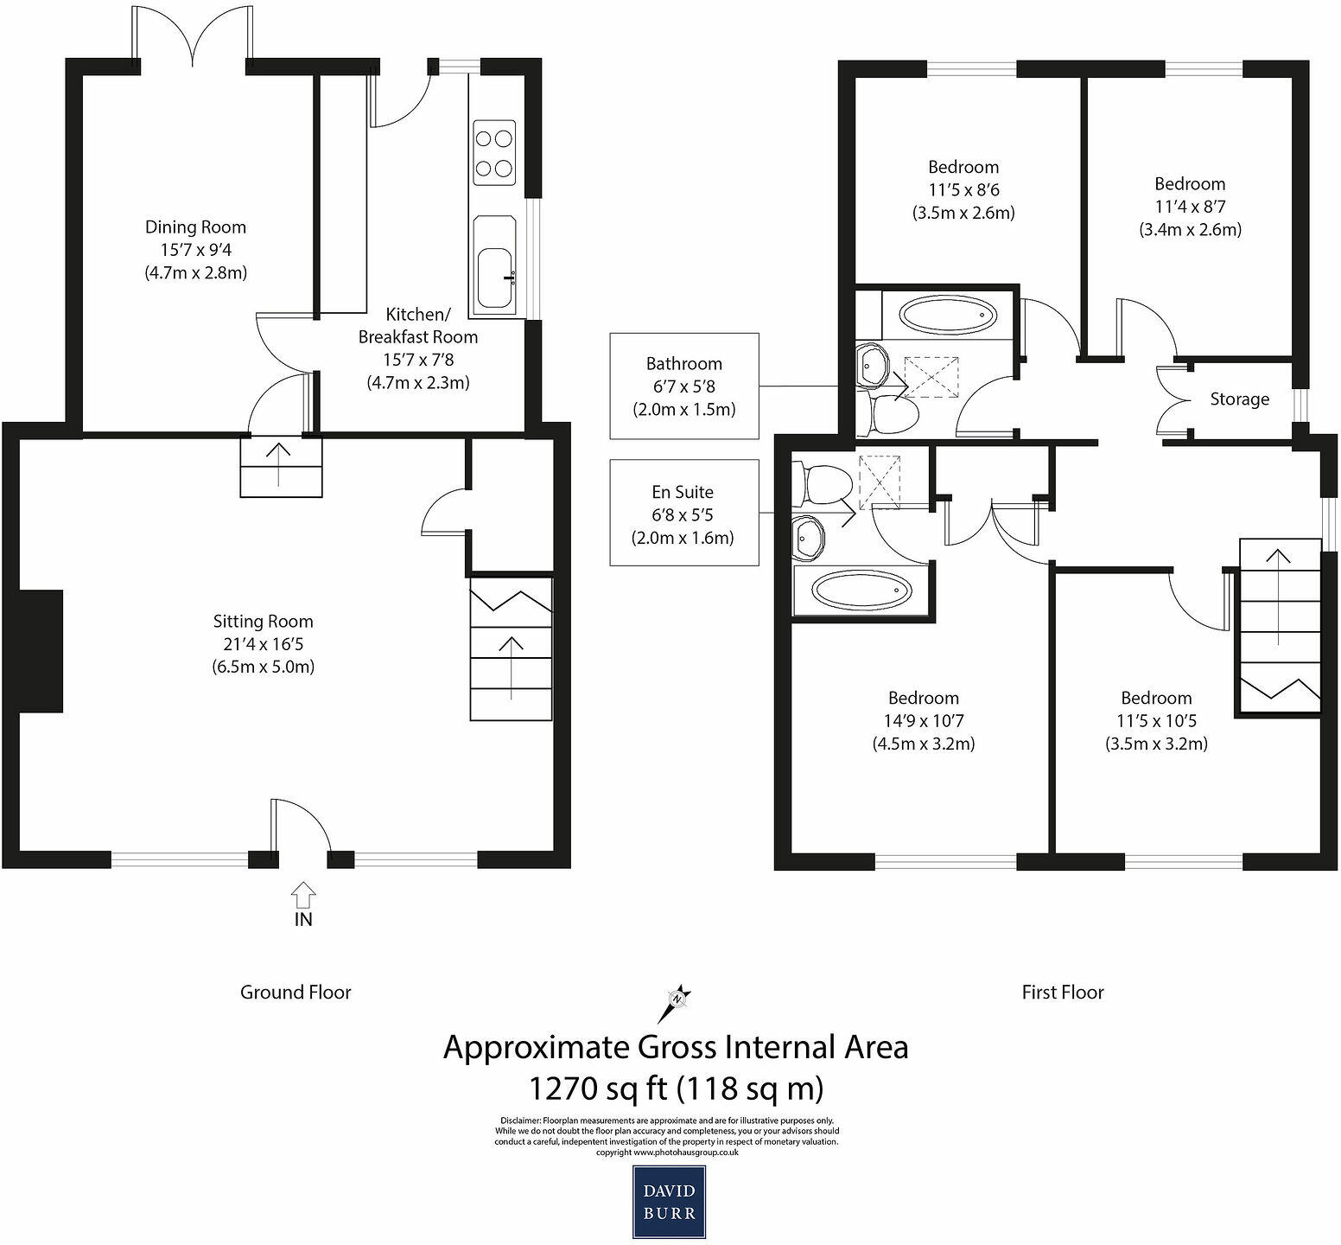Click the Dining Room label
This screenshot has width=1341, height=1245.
tap(195, 227)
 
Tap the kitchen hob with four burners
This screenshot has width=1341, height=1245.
tap(493, 153)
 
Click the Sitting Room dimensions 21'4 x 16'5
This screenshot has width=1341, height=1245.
tap(263, 644)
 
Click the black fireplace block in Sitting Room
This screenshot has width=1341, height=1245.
tap(41, 651)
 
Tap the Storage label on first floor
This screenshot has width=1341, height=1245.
tap(1239, 399)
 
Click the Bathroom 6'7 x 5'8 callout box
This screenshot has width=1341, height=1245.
tap(683, 386)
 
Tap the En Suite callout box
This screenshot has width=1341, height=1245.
tap(683, 514)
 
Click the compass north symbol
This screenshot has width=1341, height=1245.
tap(677, 1002)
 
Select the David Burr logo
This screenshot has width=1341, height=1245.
tap(669, 1202)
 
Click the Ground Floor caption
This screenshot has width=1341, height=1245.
tap(296, 993)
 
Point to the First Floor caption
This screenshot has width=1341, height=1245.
tap(1063, 993)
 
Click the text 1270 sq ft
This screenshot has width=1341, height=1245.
tap(597, 1088)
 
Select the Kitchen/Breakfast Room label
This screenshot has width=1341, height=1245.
tap(418, 325)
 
